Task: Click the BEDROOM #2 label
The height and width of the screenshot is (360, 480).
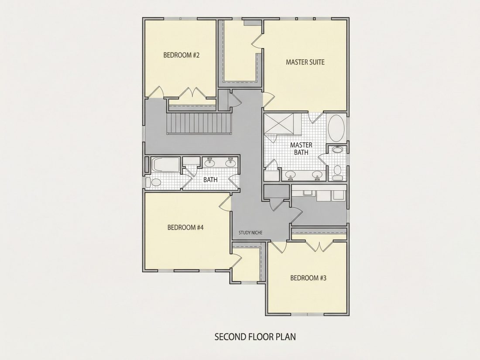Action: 181,55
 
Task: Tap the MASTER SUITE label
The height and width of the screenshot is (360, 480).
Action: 305,62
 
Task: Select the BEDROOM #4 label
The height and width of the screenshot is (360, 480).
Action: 185,227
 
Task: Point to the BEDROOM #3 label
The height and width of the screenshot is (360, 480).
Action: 308,278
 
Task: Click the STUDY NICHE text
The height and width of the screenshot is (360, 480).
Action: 250,233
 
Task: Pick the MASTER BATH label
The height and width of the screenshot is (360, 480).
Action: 301,148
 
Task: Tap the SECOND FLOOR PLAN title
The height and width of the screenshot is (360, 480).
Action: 255,337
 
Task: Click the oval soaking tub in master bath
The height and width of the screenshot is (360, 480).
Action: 336,129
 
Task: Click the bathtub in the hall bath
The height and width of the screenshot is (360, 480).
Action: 166,165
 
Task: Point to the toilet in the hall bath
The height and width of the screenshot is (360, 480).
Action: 154,183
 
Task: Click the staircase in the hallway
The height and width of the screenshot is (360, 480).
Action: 199,123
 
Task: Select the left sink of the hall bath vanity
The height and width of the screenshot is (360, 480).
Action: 210,163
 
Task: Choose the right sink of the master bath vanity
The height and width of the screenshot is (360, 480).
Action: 317,175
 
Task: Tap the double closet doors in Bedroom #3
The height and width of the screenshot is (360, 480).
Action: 319,246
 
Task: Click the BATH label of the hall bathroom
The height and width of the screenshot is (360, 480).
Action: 211,180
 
